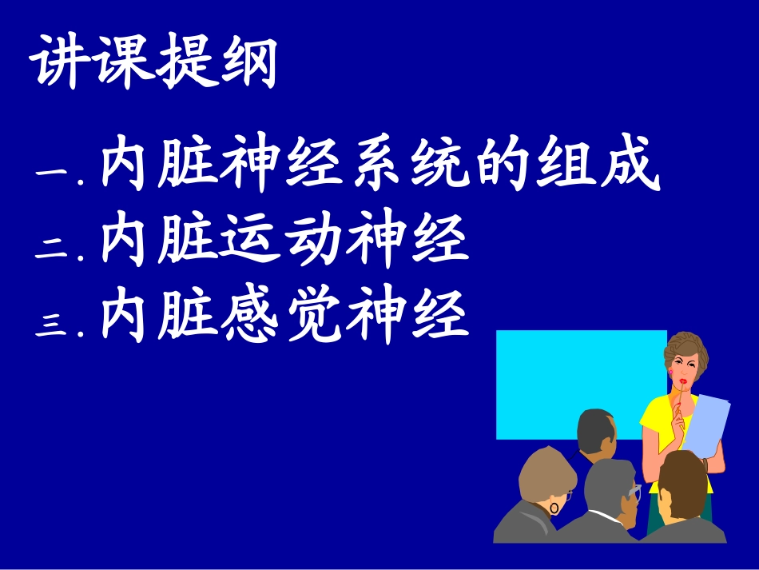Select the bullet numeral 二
pos(54,249)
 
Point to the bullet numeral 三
pos(54,324)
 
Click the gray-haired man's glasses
pos(635,490)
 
